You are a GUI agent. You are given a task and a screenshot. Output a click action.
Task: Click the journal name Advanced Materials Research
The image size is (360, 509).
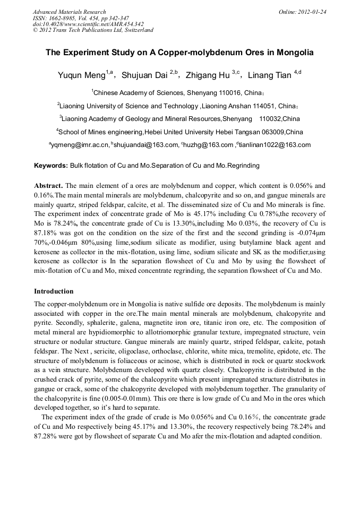coord(70,12)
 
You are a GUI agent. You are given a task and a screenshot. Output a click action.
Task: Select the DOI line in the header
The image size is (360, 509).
coord(88,24)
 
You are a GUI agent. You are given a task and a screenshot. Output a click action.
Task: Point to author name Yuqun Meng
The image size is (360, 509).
coord(81,75)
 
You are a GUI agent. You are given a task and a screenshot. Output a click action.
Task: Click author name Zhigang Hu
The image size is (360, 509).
coord(208,75)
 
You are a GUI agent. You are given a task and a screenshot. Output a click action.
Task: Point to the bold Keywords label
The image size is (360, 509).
coord(51,166)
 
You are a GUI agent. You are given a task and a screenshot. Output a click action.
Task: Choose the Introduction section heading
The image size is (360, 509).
coord(54,291)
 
